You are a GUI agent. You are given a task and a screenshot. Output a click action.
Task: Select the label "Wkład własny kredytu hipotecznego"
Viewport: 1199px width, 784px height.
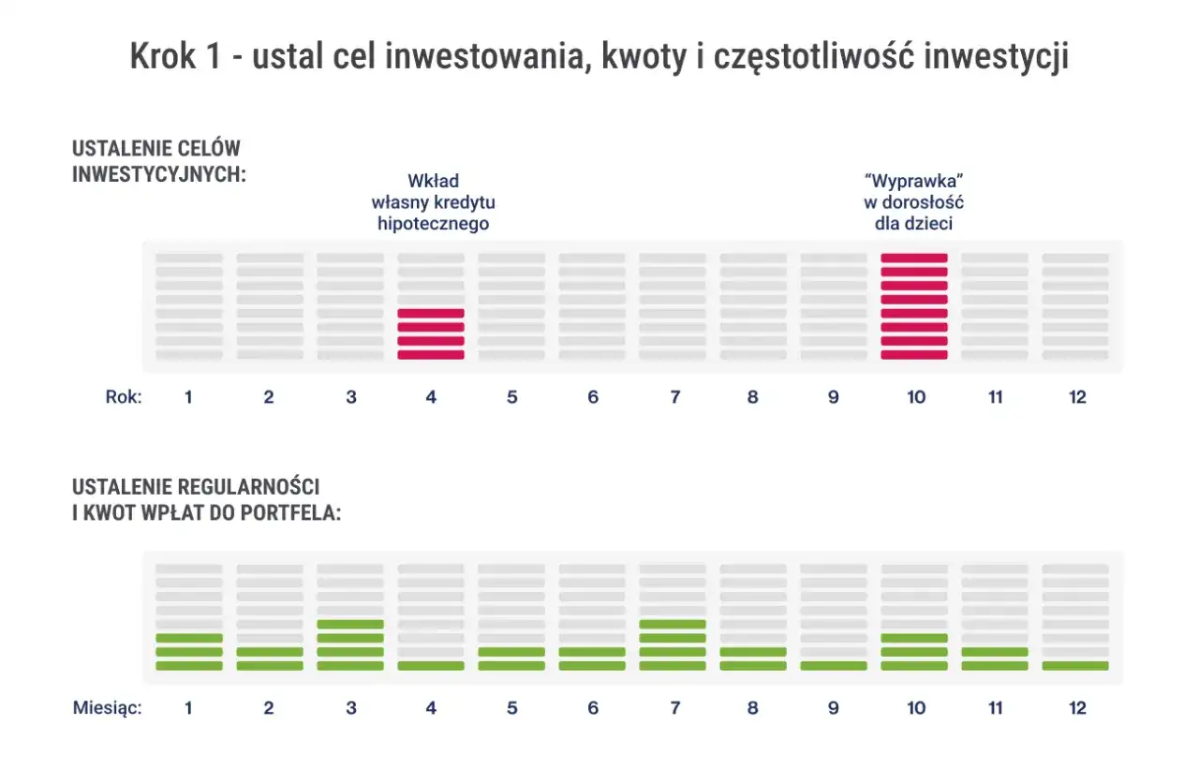click(433, 202)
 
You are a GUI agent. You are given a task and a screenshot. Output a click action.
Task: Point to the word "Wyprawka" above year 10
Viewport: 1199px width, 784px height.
click(914, 182)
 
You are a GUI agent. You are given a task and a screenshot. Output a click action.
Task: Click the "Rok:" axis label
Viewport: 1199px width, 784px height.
click(123, 397)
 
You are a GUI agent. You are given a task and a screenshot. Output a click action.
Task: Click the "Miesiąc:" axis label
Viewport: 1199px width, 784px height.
click(107, 708)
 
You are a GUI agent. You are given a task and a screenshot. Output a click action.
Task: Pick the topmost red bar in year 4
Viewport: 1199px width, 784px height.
click(431, 313)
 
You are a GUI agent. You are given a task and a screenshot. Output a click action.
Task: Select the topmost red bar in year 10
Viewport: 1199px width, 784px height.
click(914, 257)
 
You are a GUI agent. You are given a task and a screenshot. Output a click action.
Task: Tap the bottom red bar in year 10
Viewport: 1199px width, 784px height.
click(914, 355)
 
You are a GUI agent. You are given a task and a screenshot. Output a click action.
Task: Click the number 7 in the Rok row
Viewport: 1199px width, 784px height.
click(674, 397)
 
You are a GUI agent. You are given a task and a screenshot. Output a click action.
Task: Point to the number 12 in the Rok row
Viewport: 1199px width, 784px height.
click(1077, 397)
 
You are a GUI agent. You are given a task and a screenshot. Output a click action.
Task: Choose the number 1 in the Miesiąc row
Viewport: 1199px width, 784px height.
click(188, 708)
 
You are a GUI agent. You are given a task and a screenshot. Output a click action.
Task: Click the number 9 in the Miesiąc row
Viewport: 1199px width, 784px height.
click(833, 708)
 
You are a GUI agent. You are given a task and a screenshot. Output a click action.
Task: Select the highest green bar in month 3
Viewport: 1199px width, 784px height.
click(350, 624)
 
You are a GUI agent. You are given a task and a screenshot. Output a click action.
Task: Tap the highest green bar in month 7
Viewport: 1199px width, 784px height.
click(673, 624)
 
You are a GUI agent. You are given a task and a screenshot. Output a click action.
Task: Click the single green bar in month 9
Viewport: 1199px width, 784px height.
click(834, 666)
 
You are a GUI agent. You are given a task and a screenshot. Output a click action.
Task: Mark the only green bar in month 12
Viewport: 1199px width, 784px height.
click(1075, 666)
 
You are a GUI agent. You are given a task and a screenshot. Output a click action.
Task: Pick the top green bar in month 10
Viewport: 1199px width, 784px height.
click(914, 638)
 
